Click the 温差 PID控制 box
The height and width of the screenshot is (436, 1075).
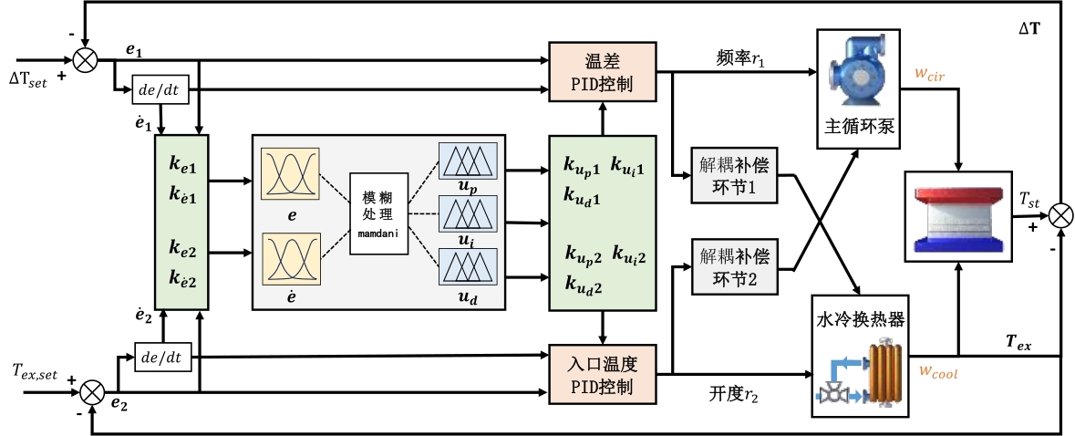coord(602,71)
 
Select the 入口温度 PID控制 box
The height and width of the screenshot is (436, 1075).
coord(602,375)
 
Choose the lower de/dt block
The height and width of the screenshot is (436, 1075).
coord(162,358)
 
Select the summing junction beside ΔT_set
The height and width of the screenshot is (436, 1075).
coord(85,61)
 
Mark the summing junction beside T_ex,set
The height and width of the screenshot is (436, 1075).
coord(91,391)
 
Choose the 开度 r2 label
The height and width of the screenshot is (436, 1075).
coord(735,393)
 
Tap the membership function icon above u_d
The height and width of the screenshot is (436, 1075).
coord(466,266)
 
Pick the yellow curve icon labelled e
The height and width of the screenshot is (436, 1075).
coord(288,173)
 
